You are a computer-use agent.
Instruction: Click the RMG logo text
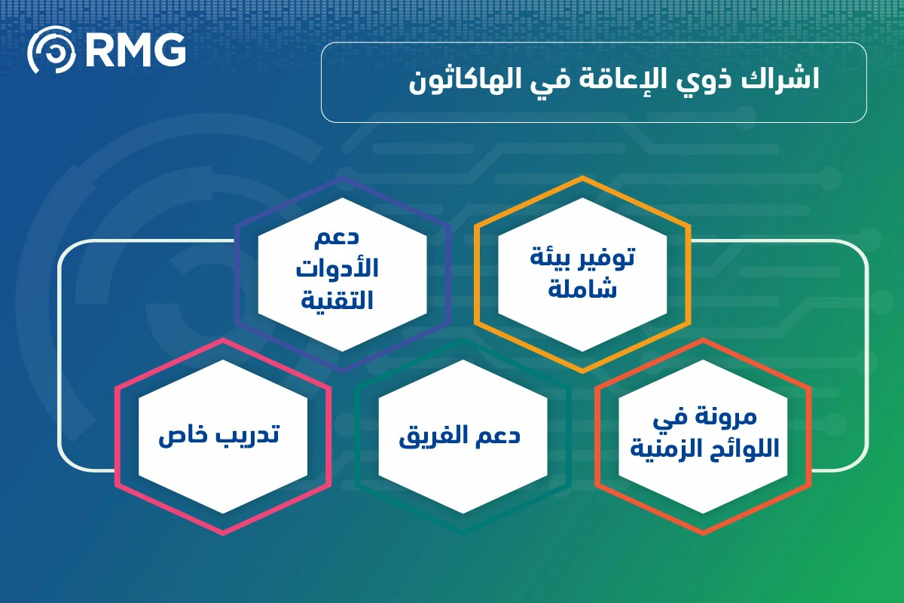point(136,50)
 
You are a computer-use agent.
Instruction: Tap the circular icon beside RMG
point(51,50)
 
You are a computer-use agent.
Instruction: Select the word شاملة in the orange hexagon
point(582,289)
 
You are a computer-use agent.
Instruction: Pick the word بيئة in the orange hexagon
point(550,259)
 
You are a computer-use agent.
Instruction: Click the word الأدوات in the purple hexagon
point(337,268)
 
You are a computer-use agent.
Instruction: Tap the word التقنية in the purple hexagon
point(337,301)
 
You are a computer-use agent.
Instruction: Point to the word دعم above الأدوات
point(337,237)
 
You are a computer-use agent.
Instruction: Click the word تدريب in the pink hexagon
point(247,436)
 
